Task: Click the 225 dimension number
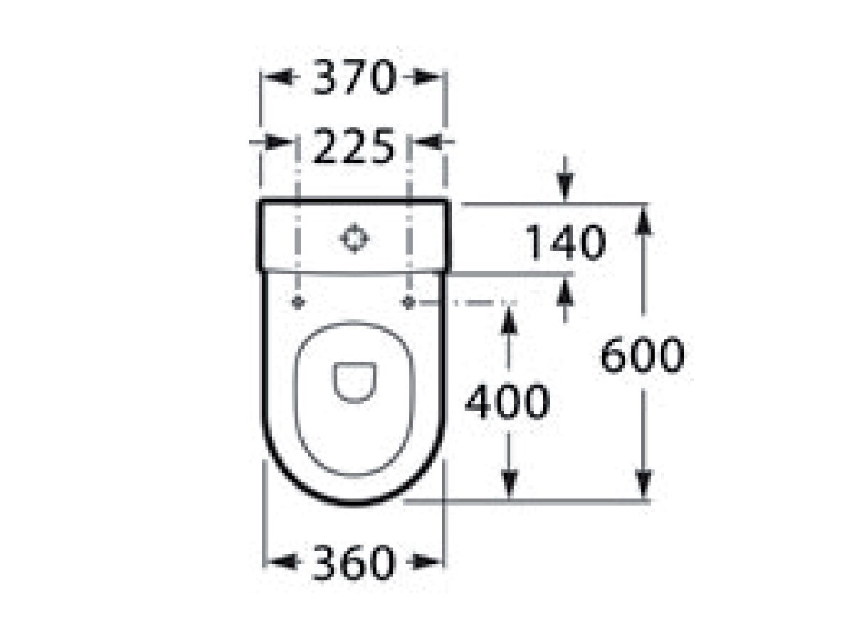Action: tap(354, 147)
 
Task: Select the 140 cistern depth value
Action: tap(566, 242)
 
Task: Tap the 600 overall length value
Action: tap(642, 355)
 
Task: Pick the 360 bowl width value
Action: tap(354, 562)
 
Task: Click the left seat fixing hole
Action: tap(298, 302)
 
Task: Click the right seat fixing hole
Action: tap(408, 302)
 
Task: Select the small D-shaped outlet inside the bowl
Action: tap(354, 380)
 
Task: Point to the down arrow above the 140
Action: tap(565, 187)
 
